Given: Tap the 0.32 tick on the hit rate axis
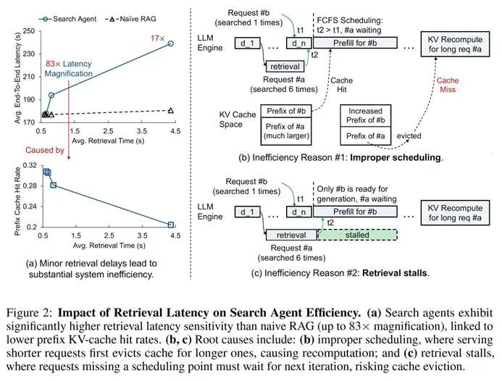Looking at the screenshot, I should tap(29, 166).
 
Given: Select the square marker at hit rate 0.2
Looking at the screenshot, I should tap(171, 225).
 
